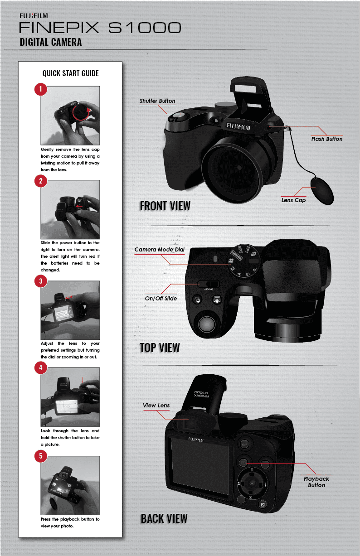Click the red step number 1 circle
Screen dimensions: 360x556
[x=41, y=89]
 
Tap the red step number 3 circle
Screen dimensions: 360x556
[x=41, y=281]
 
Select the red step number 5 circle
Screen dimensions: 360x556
[x=41, y=456]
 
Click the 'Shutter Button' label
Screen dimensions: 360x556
[x=157, y=101]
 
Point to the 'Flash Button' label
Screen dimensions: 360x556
[x=327, y=139]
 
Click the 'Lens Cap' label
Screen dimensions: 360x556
[x=293, y=200]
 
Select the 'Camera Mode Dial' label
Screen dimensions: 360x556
[x=160, y=250]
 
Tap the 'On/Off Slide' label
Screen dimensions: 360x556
[x=161, y=298]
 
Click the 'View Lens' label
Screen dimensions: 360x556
[x=156, y=406]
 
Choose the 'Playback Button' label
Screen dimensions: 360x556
[x=316, y=482]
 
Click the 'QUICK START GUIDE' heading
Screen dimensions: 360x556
[x=71, y=73]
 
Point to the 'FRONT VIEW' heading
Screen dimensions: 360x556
[x=165, y=206]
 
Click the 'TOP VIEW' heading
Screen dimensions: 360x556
[x=160, y=348]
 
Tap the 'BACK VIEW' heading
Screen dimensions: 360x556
[x=164, y=518]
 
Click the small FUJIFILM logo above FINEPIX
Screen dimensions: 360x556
[x=34, y=16]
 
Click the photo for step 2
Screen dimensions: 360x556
[x=70, y=209]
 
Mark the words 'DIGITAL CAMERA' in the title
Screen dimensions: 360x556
[x=51, y=42]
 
